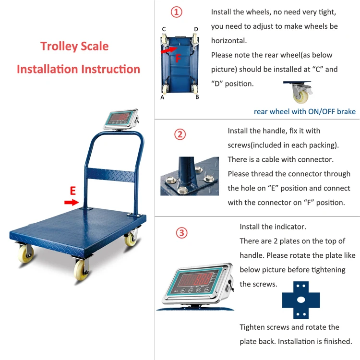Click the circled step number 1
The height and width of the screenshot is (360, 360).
[176, 12]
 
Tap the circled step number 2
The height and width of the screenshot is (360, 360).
[180, 134]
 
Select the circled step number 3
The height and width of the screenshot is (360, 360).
[181, 233]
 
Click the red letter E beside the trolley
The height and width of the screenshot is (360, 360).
[73, 191]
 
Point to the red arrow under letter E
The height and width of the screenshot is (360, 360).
[72, 202]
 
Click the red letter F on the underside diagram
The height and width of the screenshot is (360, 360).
[178, 58]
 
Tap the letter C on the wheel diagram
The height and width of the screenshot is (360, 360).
[164, 29]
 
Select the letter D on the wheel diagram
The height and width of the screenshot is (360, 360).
[196, 29]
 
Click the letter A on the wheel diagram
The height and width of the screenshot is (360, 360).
[162, 97]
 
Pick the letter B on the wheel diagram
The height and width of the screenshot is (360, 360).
[197, 97]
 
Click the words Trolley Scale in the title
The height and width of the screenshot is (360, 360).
[74, 46]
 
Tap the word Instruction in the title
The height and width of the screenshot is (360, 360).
[110, 69]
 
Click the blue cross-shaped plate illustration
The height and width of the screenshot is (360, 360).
[301, 300]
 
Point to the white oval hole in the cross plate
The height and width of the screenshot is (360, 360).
[301, 300]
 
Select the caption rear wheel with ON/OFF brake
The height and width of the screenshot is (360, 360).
[305, 111]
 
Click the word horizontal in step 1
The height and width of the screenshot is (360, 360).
[228, 41]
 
